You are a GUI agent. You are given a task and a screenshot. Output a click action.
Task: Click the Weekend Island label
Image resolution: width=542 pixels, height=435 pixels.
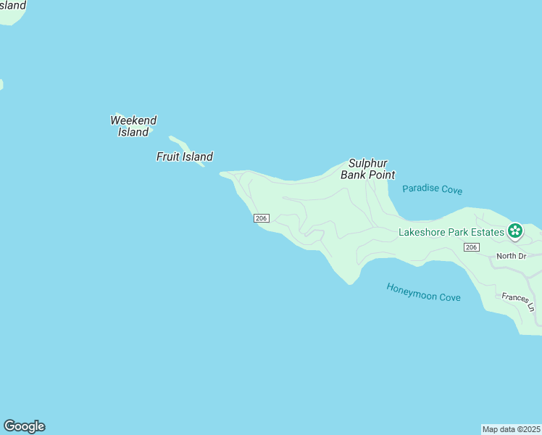133,126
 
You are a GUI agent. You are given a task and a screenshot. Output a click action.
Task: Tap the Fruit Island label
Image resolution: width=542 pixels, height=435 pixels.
185,157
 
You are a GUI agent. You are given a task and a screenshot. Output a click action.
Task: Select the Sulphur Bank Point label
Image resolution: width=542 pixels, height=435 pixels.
368,169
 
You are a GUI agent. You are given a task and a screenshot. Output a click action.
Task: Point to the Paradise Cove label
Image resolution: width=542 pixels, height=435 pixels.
432,190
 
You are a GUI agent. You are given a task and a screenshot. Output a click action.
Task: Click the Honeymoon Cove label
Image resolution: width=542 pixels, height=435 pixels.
423,291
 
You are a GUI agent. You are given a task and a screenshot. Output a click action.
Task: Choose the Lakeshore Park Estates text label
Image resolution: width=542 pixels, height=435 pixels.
451,232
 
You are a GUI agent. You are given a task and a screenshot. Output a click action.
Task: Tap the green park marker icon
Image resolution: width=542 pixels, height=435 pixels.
515,231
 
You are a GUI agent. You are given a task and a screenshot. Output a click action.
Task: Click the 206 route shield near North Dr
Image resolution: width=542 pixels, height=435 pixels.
472,247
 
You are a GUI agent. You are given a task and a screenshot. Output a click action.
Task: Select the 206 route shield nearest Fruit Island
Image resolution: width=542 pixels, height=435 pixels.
262,218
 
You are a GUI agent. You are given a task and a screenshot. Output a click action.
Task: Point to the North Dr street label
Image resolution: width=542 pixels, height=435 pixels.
510,256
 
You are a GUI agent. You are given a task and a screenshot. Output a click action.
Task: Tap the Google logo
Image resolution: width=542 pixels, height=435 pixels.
24,426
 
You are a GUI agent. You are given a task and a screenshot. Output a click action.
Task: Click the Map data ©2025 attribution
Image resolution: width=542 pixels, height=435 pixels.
512,428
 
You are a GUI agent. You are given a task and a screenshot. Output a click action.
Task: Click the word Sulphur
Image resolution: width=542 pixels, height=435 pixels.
368,163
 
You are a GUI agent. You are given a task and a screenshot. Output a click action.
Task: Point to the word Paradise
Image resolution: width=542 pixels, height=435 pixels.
421,189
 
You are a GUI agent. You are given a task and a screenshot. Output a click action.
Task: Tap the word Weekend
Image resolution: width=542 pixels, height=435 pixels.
133,120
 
